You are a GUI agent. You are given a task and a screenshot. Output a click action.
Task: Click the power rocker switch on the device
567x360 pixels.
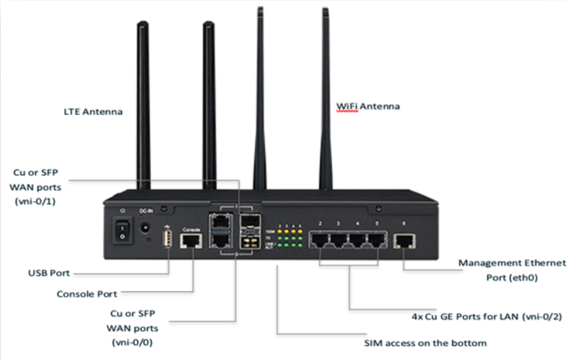(120, 228)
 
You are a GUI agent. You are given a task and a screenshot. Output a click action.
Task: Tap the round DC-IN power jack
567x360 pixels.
(144, 227)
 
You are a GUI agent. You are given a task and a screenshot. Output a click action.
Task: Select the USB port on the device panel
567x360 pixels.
(166, 240)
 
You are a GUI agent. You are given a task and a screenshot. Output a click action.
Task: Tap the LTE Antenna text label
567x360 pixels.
(93, 111)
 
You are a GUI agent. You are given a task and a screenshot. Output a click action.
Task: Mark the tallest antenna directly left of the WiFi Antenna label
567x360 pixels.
(257, 100)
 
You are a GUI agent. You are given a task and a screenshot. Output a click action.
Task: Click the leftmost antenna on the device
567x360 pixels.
(143, 108)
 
